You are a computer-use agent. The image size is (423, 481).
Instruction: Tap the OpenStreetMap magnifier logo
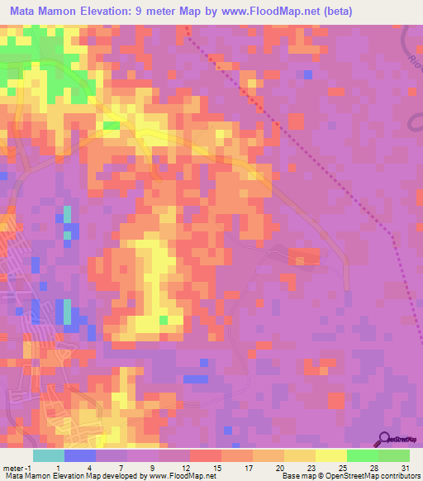[x=385, y=440]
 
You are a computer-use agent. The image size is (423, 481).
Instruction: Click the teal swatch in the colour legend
[x=49, y=455]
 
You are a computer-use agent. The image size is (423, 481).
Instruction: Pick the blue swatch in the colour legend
[x=80, y=455]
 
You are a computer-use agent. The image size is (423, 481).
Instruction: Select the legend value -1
[x=26, y=468]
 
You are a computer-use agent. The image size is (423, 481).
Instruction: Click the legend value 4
[x=88, y=468]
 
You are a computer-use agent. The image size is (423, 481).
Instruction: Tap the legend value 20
[x=280, y=468]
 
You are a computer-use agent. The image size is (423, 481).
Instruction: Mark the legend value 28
[x=374, y=468]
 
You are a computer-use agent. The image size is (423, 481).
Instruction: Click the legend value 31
[x=404, y=468]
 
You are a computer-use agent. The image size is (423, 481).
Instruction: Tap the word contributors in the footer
[x=400, y=477]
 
